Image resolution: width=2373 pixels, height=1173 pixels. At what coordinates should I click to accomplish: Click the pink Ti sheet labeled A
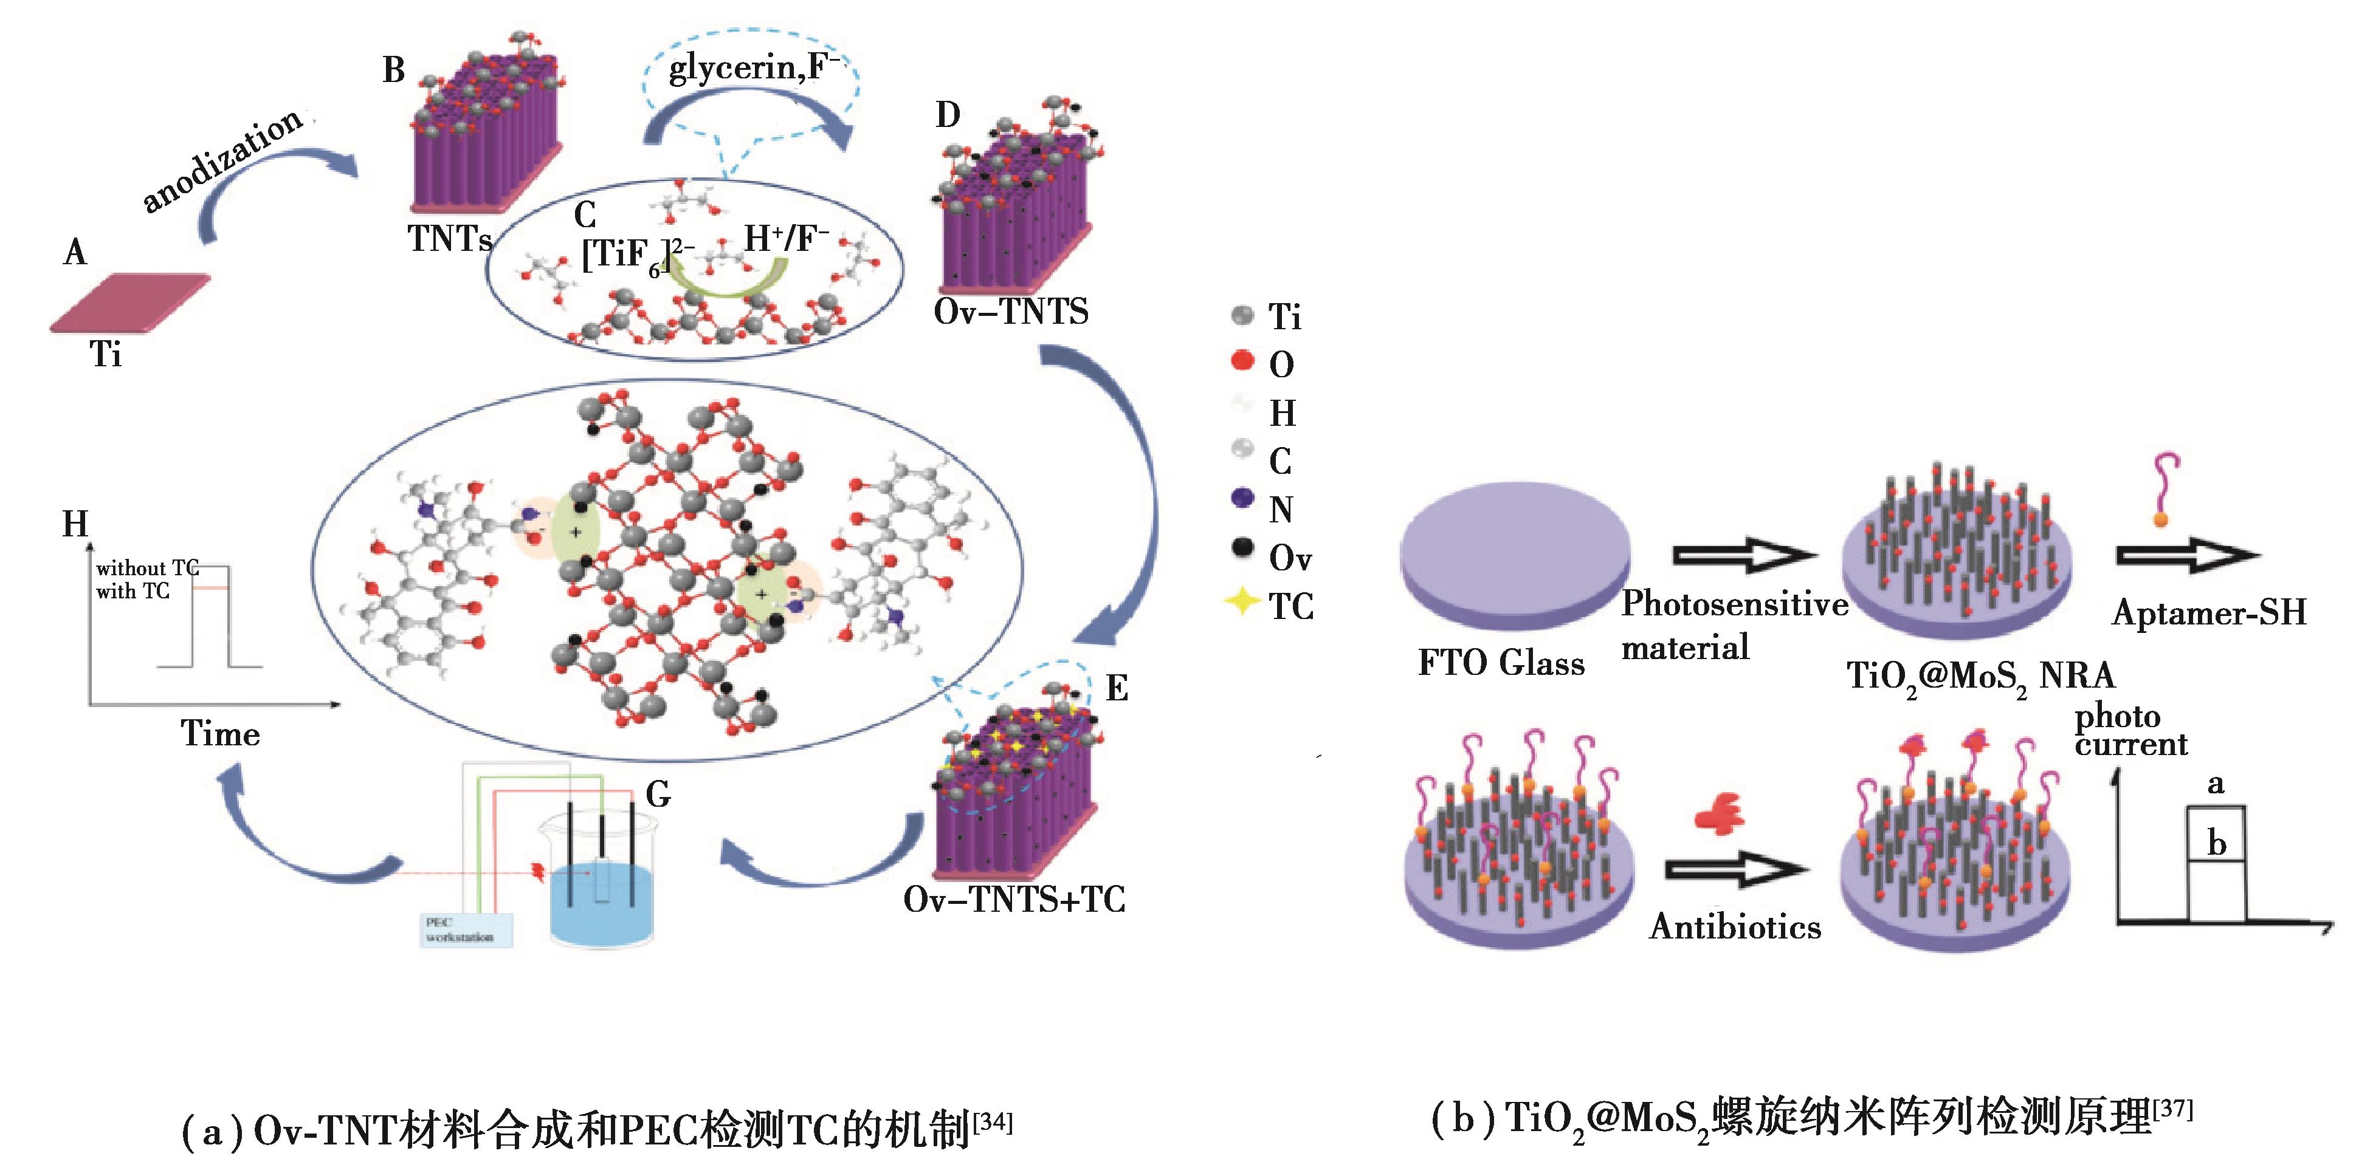[x=129, y=302]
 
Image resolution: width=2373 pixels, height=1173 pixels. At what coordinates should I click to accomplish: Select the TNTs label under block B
[x=450, y=239]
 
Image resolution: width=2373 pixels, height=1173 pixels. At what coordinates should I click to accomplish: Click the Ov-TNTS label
[x=1011, y=312]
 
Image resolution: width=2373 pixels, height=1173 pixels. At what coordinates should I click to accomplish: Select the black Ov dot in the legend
[x=1242, y=549]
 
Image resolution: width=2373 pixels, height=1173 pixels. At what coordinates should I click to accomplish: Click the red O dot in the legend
[x=1242, y=360]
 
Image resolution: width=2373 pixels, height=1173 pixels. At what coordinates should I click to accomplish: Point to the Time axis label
[x=220, y=734]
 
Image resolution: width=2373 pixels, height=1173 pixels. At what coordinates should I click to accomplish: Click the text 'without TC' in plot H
[x=146, y=568]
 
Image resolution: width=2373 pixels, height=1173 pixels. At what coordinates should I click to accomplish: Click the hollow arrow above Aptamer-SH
[x=2186, y=555]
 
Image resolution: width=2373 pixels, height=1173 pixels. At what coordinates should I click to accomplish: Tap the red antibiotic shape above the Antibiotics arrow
[x=1719, y=813]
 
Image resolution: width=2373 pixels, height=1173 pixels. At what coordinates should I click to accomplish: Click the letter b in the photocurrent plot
[x=2216, y=843]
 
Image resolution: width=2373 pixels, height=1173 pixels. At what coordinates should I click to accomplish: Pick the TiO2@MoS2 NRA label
[x=1980, y=677]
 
